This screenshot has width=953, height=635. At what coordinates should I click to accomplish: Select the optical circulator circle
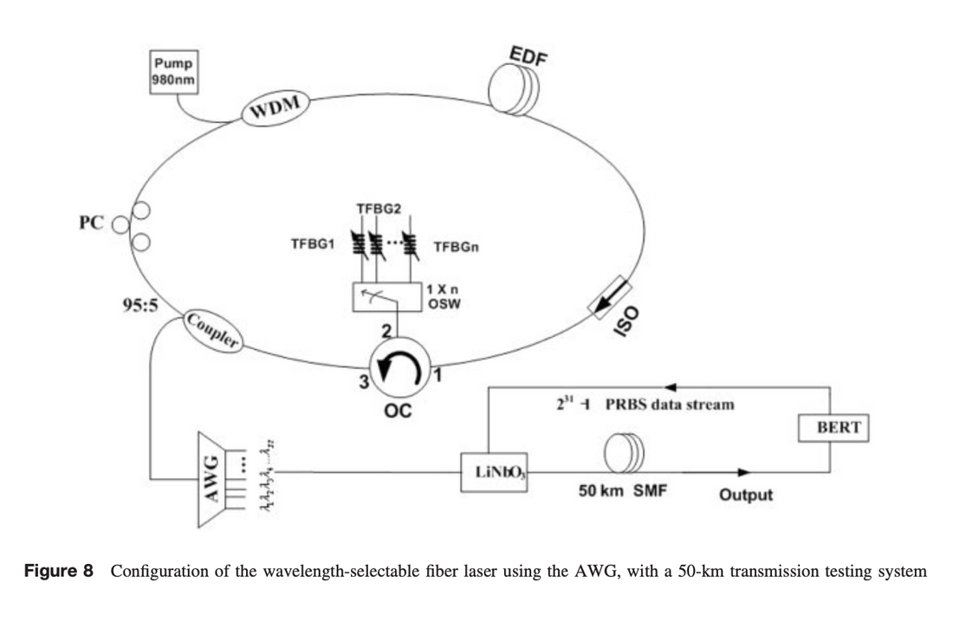(x=399, y=371)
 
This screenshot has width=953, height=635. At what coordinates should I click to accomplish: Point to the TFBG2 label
(x=379, y=209)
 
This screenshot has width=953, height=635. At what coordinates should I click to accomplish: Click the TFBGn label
(x=456, y=247)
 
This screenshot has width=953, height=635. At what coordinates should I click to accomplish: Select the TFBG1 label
(x=311, y=247)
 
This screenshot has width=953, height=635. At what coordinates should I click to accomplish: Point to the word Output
(x=746, y=496)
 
